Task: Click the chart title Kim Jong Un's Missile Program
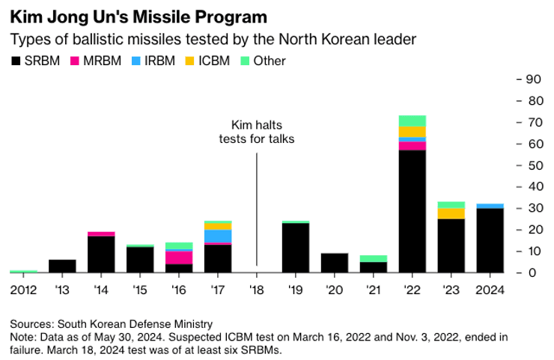[x=139, y=14]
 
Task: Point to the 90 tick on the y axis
[x=533, y=79]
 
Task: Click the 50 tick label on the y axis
[x=533, y=165]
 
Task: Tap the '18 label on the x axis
[x=256, y=290]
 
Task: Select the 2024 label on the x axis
[x=490, y=290]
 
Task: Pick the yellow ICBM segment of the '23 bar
[x=451, y=213]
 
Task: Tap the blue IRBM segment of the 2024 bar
[x=490, y=206]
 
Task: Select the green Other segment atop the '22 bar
[x=412, y=120]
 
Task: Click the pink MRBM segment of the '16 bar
[x=178, y=257]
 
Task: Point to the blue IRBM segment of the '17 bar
[x=217, y=236]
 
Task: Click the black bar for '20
[x=334, y=263]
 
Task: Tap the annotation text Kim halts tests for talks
[x=256, y=132]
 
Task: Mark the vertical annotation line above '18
[x=256, y=210]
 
